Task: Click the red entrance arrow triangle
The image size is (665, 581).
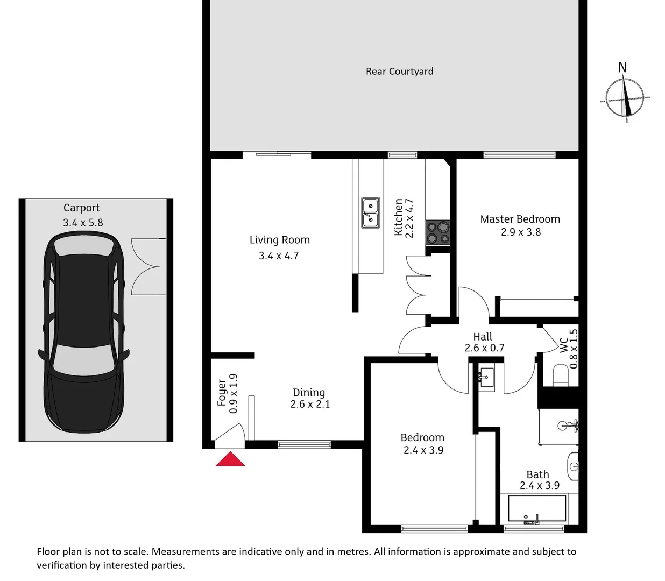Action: [230, 459]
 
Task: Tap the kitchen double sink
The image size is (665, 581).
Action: [370, 212]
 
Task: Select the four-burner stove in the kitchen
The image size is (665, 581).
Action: [438, 233]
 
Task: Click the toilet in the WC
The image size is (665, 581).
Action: [561, 375]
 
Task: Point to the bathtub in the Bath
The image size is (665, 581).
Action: [536, 509]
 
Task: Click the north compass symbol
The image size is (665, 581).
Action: [624, 97]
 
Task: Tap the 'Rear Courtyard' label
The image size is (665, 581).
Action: [399, 72]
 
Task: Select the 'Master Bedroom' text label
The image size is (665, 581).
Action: [520, 219]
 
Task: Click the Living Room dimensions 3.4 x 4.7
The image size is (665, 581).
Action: [278, 256]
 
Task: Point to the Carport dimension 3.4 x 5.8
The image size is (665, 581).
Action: [83, 223]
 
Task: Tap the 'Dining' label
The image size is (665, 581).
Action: [309, 392]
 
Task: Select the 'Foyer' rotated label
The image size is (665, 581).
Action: [222, 392]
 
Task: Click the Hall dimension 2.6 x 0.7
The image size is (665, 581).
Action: [484, 348]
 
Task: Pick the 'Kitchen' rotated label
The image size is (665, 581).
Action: [399, 217]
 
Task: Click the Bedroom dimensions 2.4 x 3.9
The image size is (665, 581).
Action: [423, 450]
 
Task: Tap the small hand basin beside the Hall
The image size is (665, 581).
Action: [487, 377]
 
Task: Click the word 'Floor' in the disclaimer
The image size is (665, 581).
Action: [47, 551]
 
